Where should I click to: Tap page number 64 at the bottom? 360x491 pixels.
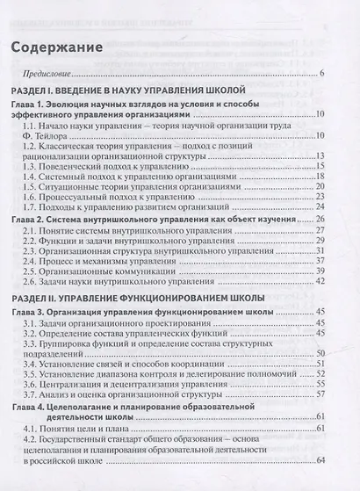pos(321,485)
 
